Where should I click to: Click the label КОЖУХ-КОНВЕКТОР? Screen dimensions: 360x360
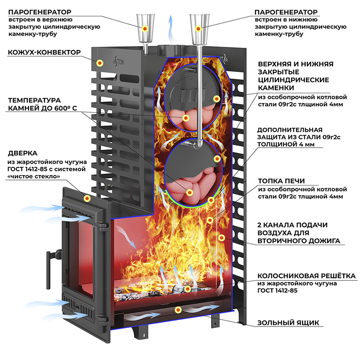point(44,53)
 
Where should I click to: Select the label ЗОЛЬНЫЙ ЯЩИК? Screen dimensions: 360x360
point(288,323)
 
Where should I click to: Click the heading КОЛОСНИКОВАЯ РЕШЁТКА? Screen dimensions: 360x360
point(306,275)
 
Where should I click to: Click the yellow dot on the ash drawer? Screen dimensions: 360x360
point(178,310)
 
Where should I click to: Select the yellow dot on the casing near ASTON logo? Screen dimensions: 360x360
point(101,63)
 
